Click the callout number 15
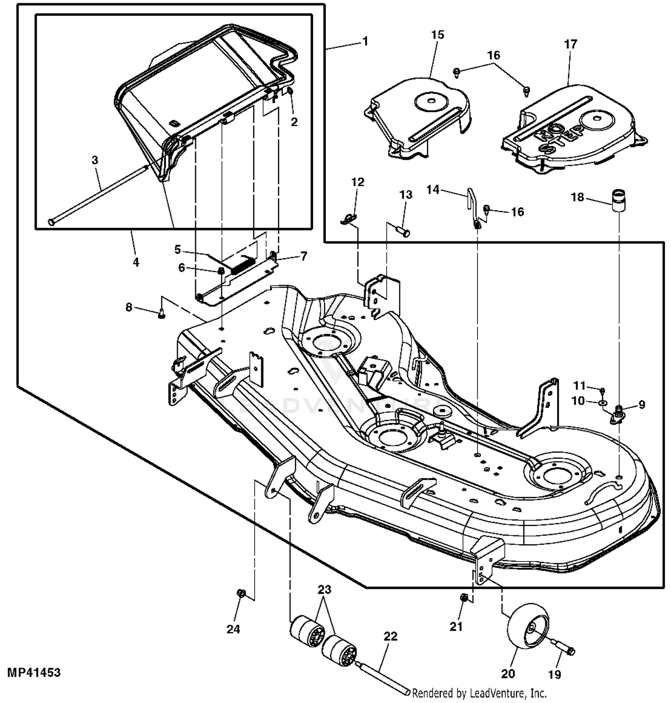(x=437, y=34)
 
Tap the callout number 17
(x=571, y=44)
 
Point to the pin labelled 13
(x=404, y=232)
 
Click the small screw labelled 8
(x=161, y=315)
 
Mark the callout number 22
(x=391, y=636)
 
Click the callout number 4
(x=136, y=262)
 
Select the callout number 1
(x=365, y=41)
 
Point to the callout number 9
(x=642, y=404)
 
